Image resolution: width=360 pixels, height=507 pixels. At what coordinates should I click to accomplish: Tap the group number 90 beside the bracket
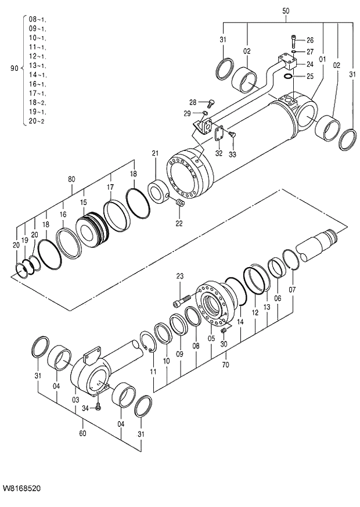tap(15, 68)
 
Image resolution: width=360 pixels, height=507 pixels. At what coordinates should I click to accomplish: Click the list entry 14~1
tap(38, 75)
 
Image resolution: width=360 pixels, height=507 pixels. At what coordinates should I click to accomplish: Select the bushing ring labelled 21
tap(157, 192)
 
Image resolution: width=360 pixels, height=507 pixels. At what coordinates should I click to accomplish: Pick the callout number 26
tap(309, 40)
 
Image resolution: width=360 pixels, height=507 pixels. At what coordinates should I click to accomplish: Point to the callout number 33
tap(232, 154)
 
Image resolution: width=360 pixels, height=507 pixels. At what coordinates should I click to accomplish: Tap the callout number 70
tap(225, 365)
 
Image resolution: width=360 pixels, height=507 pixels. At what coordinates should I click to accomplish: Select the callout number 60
tap(83, 433)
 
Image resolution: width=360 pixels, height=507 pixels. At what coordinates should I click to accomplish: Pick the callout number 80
tap(71, 179)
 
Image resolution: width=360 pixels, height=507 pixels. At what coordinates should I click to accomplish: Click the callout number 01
tap(322, 58)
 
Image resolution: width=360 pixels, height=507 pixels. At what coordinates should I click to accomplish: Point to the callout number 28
tap(193, 102)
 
